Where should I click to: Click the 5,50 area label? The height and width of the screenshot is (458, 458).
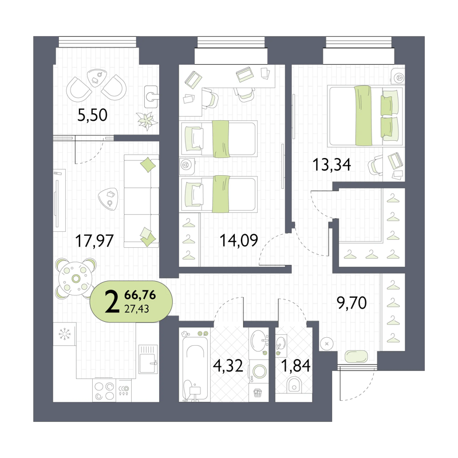92,115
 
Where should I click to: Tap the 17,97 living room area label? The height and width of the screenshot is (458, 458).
94,241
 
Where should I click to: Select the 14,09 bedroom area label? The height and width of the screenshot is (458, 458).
239,240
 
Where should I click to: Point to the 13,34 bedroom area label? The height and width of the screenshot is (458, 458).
332,164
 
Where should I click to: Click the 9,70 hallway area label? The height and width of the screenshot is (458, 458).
352,303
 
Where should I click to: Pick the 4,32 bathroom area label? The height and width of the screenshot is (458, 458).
228,366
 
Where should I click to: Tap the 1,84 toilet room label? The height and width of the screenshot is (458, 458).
295,366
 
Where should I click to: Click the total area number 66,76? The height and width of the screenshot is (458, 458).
140,295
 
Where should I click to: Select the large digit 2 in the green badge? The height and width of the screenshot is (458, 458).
112,302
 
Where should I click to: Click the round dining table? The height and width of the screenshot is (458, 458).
76,279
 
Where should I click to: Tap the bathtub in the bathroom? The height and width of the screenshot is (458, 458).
195,369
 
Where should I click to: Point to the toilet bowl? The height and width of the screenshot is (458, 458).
294,385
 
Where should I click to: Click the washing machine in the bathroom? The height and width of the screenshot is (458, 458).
259,372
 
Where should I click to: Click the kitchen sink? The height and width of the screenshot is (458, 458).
148,360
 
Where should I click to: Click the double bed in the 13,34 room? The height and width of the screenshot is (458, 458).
366,116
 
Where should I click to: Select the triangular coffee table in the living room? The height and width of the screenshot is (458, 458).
108,199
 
